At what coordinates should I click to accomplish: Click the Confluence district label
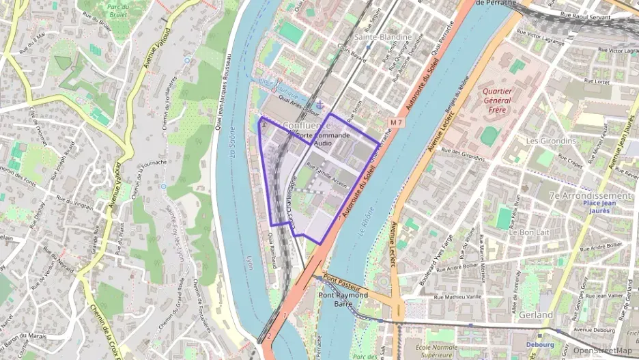[x=306, y=126]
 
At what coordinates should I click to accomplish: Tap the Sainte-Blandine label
[x=382, y=37]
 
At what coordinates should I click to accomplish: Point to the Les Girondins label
[x=551, y=141]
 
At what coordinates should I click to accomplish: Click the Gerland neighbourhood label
[x=535, y=315]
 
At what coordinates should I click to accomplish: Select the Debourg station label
[x=541, y=344]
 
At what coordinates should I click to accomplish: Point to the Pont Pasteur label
[x=341, y=279]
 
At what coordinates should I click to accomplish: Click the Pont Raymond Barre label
[x=343, y=300]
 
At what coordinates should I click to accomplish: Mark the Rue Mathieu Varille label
[x=458, y=297]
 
